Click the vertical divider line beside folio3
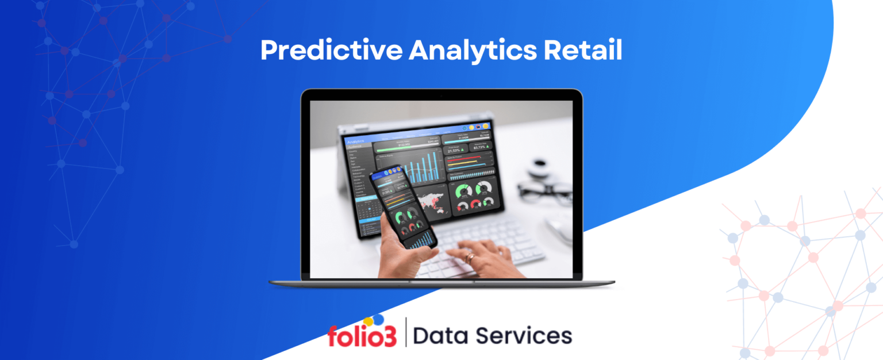tap(406, 332)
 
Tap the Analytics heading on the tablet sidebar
tap(356, 141)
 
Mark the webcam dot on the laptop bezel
tap(441, 93)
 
